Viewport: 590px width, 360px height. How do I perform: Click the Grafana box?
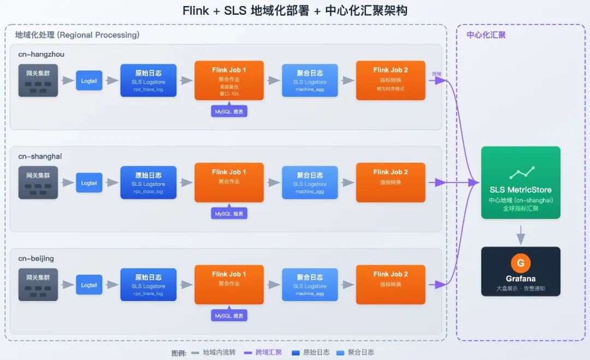coord(520,272)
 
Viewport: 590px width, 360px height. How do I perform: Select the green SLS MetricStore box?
coord(520,183)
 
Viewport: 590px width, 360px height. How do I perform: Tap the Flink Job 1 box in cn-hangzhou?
coord(229,80)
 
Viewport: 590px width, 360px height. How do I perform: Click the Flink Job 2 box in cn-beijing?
coord(390,285)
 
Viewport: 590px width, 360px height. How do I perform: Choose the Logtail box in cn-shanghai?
coord(89,183)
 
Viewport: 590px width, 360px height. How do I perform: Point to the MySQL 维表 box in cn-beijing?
coord(229,316)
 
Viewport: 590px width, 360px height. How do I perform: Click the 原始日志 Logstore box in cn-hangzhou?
coord(148,80)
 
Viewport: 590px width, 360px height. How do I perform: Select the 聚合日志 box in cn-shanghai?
coord(310,182)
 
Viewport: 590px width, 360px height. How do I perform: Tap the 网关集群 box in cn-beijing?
coord(38,285)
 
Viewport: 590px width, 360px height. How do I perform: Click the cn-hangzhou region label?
coord(41,54)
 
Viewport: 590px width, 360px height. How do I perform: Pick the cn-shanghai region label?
coord(40,156)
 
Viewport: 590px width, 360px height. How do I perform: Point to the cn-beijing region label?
coord(36,258)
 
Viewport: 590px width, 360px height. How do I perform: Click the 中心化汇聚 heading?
coord(486,35)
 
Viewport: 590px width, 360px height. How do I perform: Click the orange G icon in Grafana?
coord(520,263)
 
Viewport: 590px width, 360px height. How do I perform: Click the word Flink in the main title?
coord(195,11)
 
